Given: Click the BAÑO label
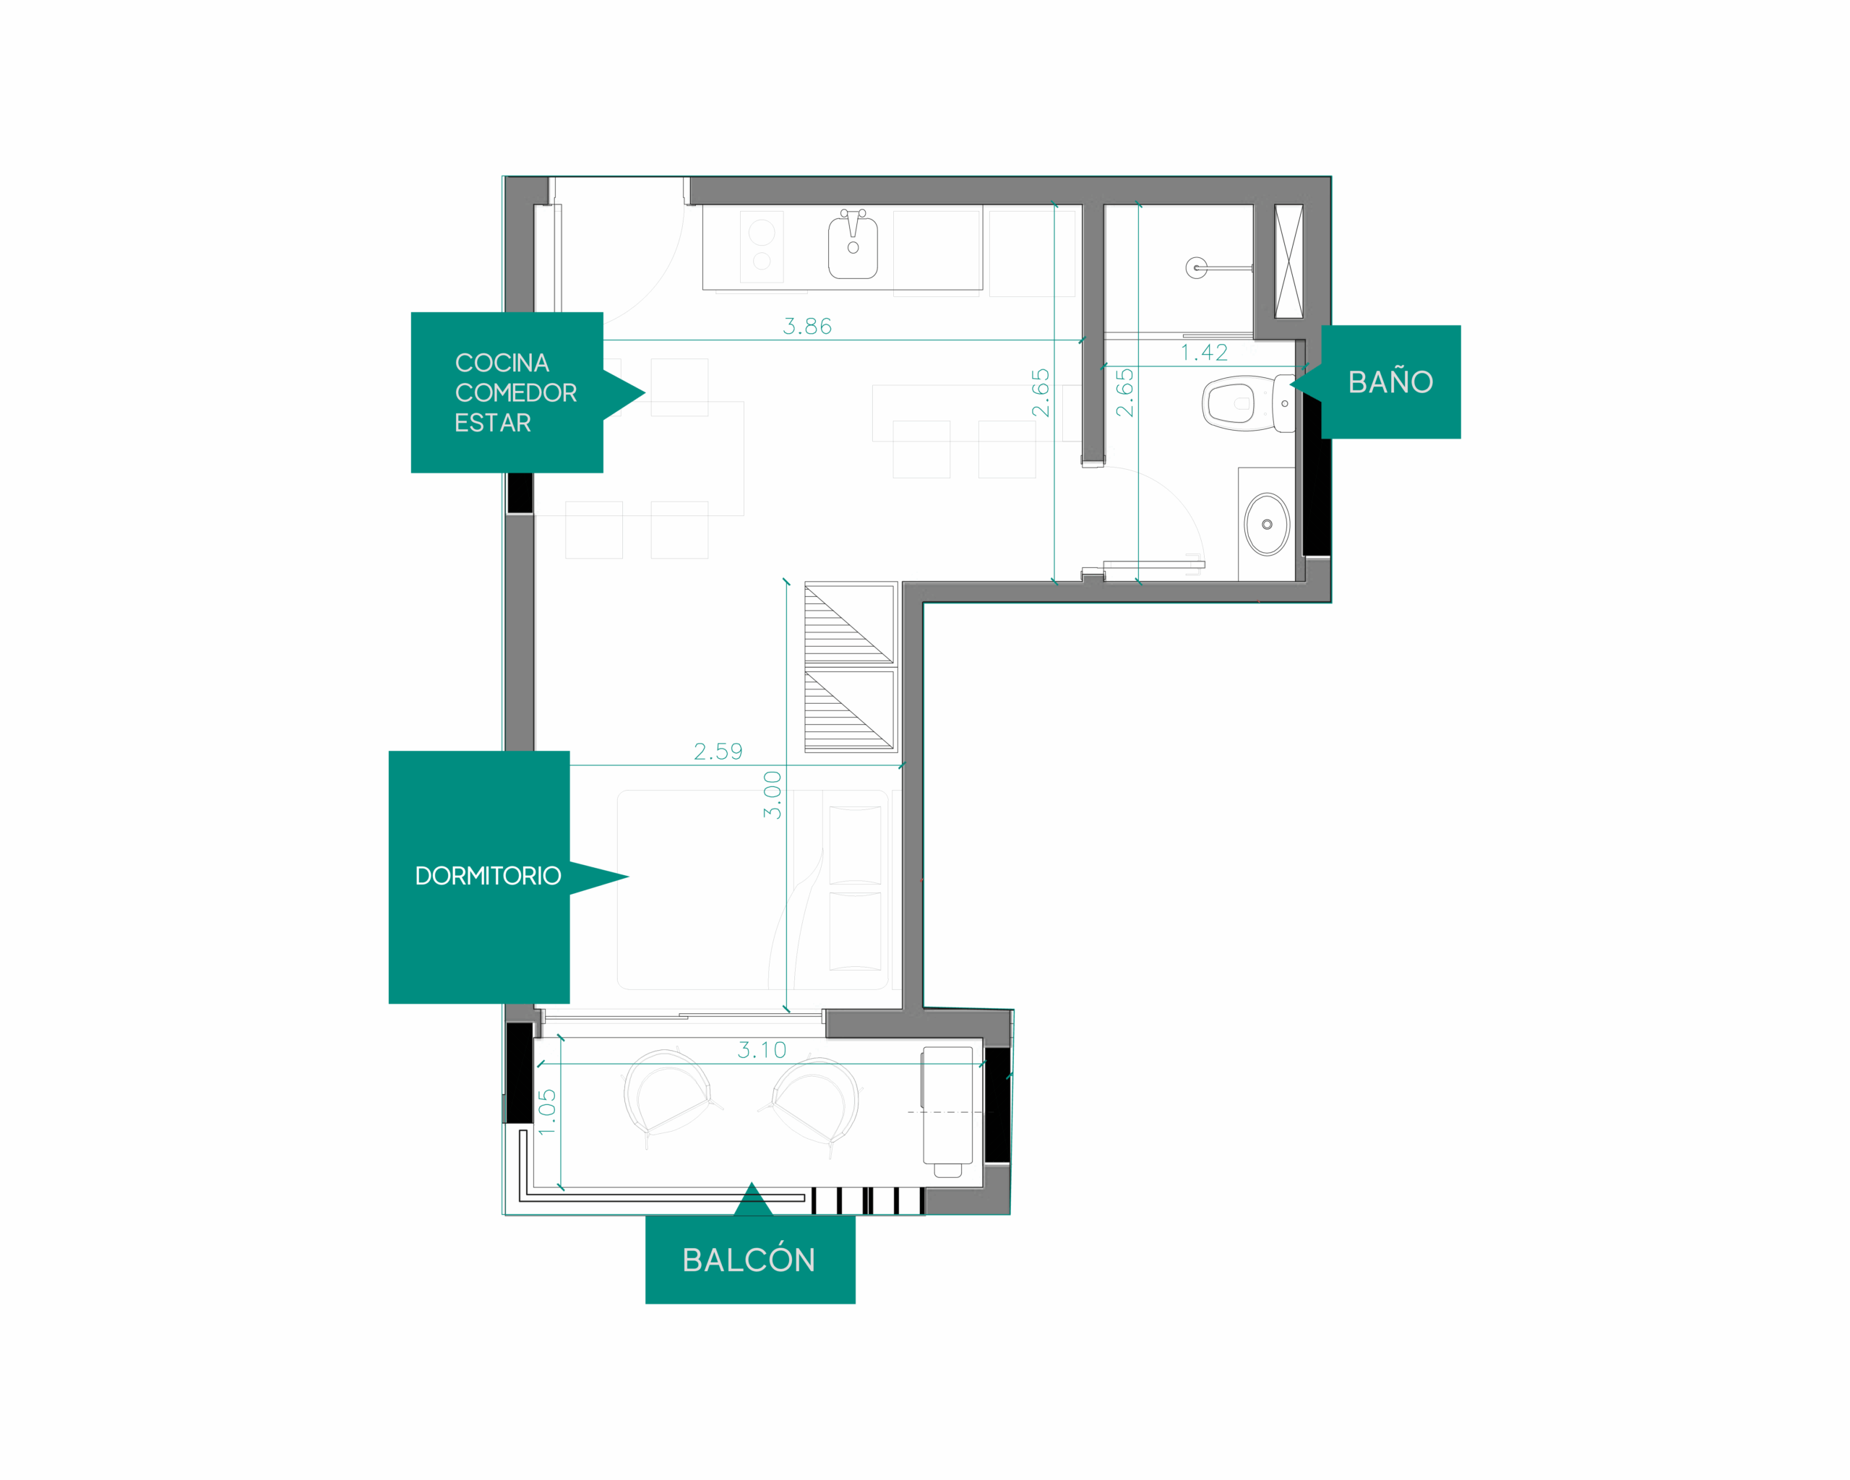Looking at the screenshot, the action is click(1390, 382).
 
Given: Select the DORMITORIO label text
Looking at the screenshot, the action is click(487, 876).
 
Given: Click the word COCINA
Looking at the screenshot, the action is click(502, 363).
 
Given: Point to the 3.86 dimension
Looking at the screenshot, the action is click(806, 326).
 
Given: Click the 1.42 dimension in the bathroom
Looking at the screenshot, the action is click(1204, 353).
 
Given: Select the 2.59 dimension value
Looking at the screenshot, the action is click(718, 752).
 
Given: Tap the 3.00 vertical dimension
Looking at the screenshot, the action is click(773, 794).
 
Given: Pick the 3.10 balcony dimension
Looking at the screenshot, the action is click(762, 1049).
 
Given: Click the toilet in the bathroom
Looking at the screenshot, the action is click(1249, 403).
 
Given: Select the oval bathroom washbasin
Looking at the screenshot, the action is click(1267, 524).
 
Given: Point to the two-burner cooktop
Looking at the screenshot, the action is click(762, 247).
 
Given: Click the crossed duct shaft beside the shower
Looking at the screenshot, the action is click(1288, 261).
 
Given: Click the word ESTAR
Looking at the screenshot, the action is click(493, 423).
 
